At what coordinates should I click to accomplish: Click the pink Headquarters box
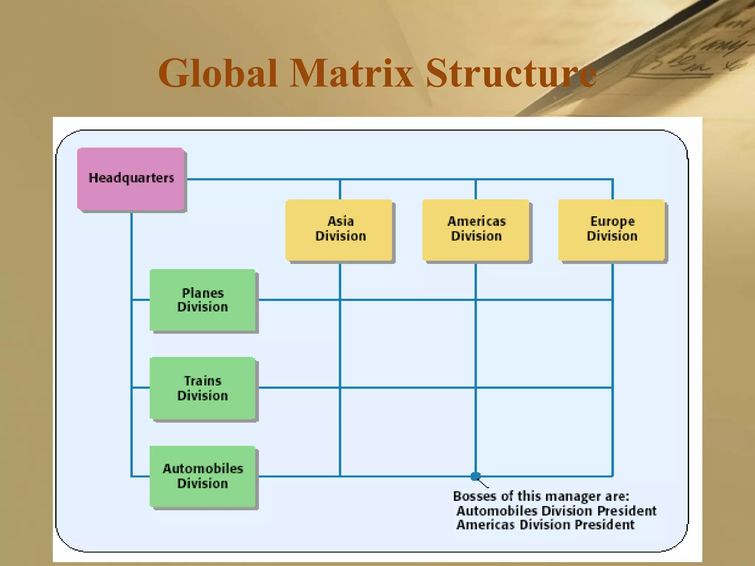tap(131, 179)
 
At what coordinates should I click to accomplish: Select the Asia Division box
tap(339, 230)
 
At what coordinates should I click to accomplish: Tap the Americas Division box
tap(476, 230)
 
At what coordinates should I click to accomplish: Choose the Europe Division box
tap(612, 230)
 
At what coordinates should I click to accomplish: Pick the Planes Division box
tap(202, 300)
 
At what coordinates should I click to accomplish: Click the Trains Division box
tap(202, 388)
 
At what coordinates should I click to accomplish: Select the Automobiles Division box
tap(202, 476)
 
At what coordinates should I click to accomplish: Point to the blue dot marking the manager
tap(476, 476)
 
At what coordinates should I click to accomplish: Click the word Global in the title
tap(218, 73)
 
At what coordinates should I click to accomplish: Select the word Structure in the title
tap(511, 73)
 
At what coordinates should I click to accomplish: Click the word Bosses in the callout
tap(474, 496)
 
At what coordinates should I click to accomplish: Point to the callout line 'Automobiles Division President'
tap(556, 511)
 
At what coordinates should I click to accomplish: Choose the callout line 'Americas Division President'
tap(545, 525)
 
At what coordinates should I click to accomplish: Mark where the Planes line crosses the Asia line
tap(340, 300)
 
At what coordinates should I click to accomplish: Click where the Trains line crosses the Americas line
tap(476, 388)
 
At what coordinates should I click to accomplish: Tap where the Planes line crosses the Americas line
tap(476, 300)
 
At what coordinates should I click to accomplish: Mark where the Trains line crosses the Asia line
tap(340, 388)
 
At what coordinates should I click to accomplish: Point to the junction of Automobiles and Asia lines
tap(340, 476)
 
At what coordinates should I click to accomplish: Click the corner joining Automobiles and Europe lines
tap(612, 476)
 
